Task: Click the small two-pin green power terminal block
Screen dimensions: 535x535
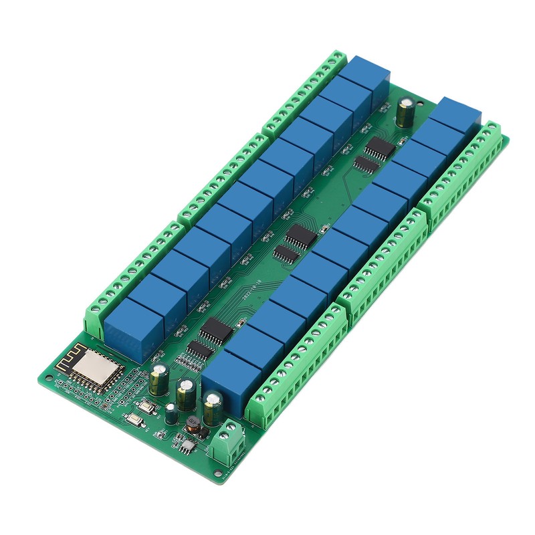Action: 226,442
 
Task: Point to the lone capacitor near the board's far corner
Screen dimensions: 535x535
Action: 406,112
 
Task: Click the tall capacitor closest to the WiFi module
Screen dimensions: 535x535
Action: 160,380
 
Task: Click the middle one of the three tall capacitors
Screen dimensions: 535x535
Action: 187,394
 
